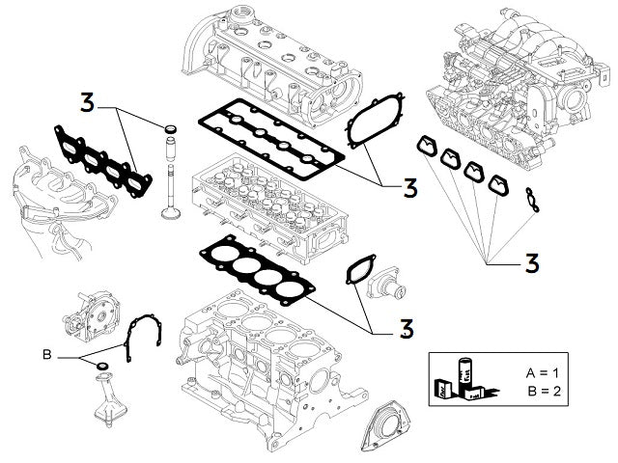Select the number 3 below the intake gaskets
[531, 262]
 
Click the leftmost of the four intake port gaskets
[425, 146]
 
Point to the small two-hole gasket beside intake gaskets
[529, 199]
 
